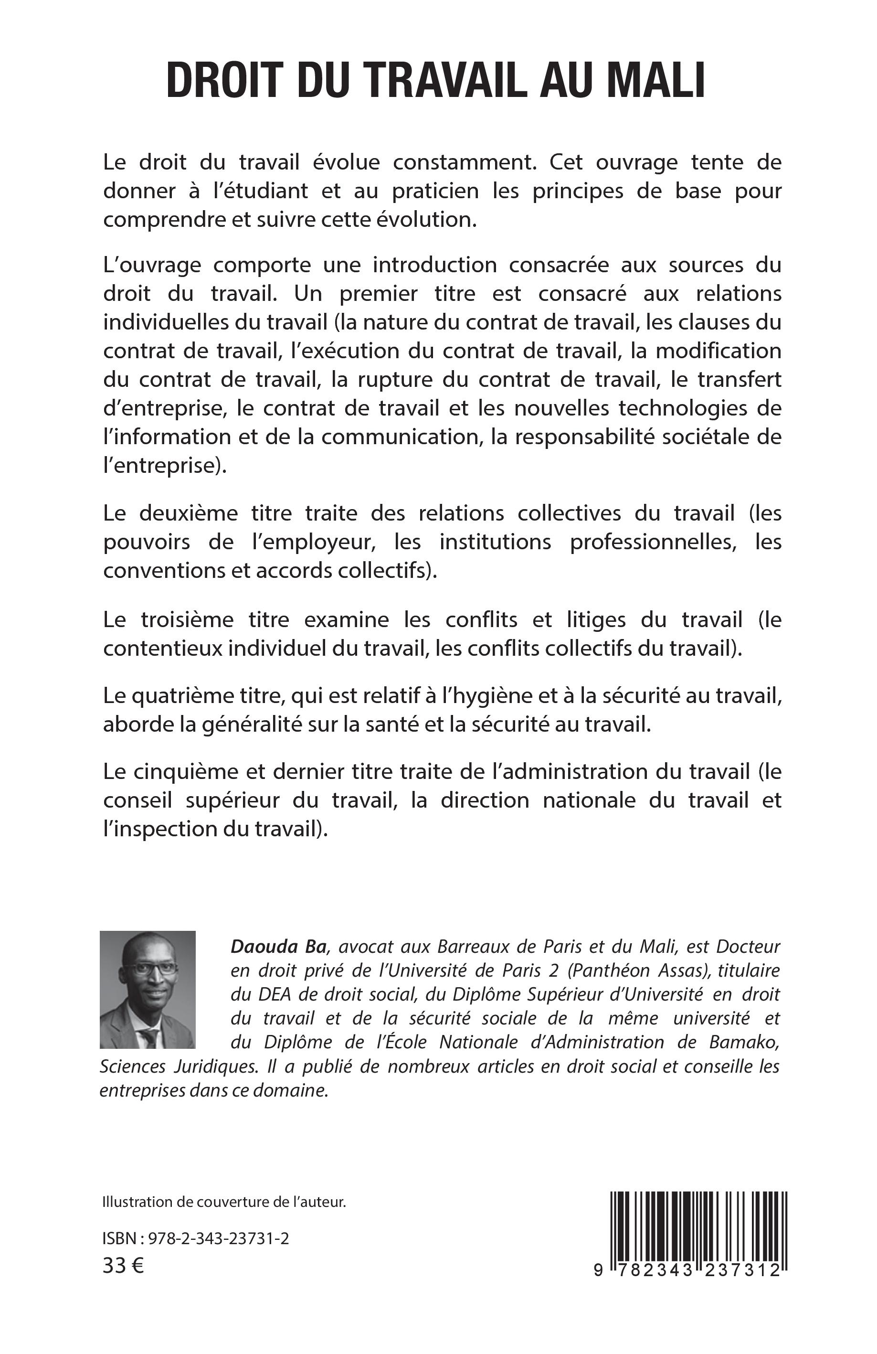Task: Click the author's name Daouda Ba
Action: [279, 947]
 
